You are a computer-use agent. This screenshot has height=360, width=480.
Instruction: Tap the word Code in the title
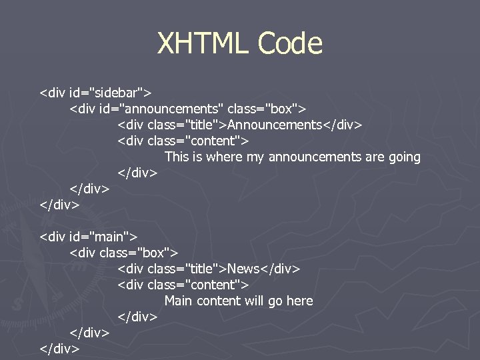(290, 44)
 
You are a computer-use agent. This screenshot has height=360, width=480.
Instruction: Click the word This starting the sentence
(177, 157)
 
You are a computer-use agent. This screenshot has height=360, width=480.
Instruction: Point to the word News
(243, 269)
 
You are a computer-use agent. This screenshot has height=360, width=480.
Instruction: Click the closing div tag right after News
(280, 269)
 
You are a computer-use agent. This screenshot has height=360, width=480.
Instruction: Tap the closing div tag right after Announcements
(342, 125)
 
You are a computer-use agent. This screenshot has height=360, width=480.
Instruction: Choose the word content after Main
(217, 301)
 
